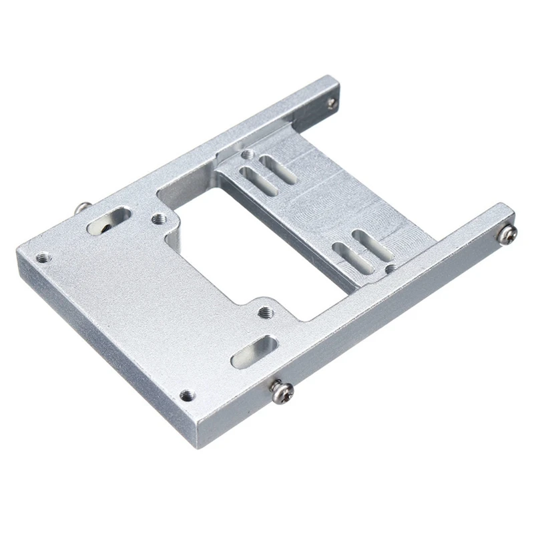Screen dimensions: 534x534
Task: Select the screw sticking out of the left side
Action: click(x=82, y=208)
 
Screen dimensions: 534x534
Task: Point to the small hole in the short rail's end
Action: click(x=331, y=102)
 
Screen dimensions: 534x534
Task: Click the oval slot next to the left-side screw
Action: click(x=109, y=221)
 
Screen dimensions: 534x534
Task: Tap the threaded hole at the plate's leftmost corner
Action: click(x=43, y=256)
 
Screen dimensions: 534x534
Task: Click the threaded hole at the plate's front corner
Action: click(x=186, y=395)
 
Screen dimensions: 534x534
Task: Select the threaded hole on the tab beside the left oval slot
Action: click(x=158, y=218)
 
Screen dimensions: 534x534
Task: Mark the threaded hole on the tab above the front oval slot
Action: click(x=265, y=311)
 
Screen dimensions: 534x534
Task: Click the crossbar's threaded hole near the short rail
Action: click(x=248, y=155)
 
